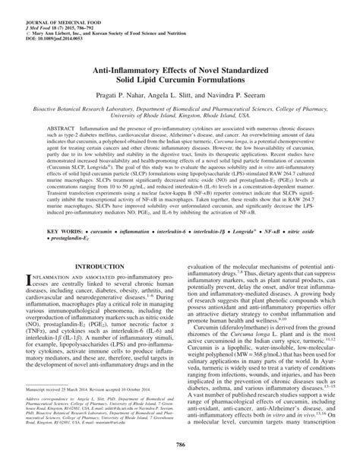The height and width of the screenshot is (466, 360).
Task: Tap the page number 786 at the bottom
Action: (180, 452)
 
